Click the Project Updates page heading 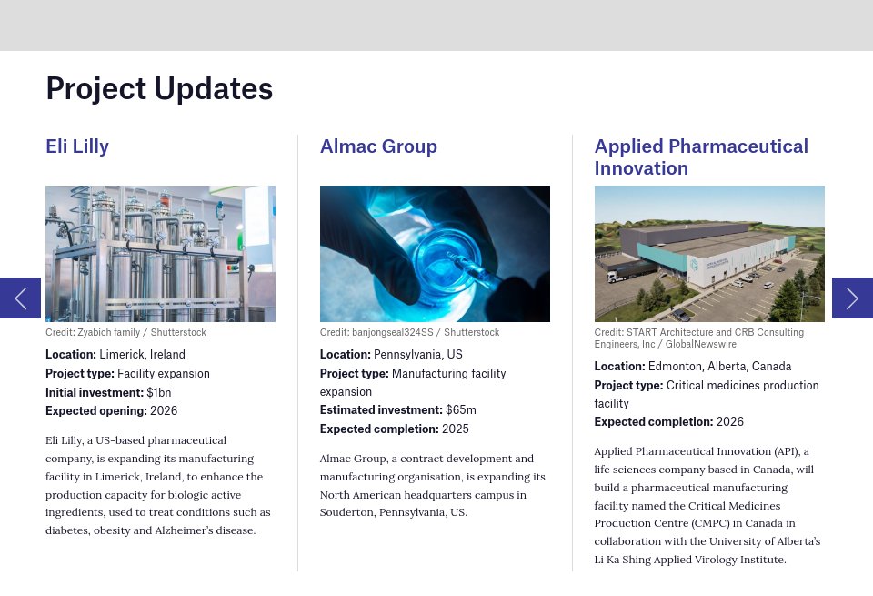pyautogui.click(x=159, y=88)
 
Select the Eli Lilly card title pyautogui.click(x=77, y=146)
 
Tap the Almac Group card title pyautogui.click(x=378, y=146)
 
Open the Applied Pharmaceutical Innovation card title pyautogui.click(x=700, y=157)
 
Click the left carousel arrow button pyautogui.click(x=20, y=298)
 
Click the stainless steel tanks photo pyautogui.click(x=160, y=254)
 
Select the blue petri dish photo pyautogui.click(x=435, y=254)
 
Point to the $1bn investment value pyautogui.click(x=159, y=392)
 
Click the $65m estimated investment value pyautogui.click(x=461, y=410)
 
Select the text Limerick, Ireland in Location pyautogui.click(x=142, y=355)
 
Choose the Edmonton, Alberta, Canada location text pyautogui.click(x=719, y=367)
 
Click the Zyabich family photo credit pyautogui.click(x=125, y=333)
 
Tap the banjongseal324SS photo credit pyautogui.click(x=409, y=333)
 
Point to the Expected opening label pyautogui.click(x=95, y=411)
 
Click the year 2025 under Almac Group pyautogui.click(x=456, y=429)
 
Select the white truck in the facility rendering pyautogui.click(x=627, y=271)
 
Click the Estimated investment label pyautogui.click(x=381, y=410)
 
